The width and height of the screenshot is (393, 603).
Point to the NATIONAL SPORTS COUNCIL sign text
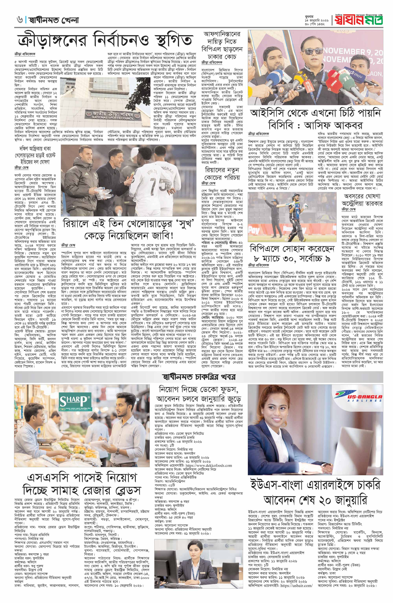pyautogui.click(x=109, y=118)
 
